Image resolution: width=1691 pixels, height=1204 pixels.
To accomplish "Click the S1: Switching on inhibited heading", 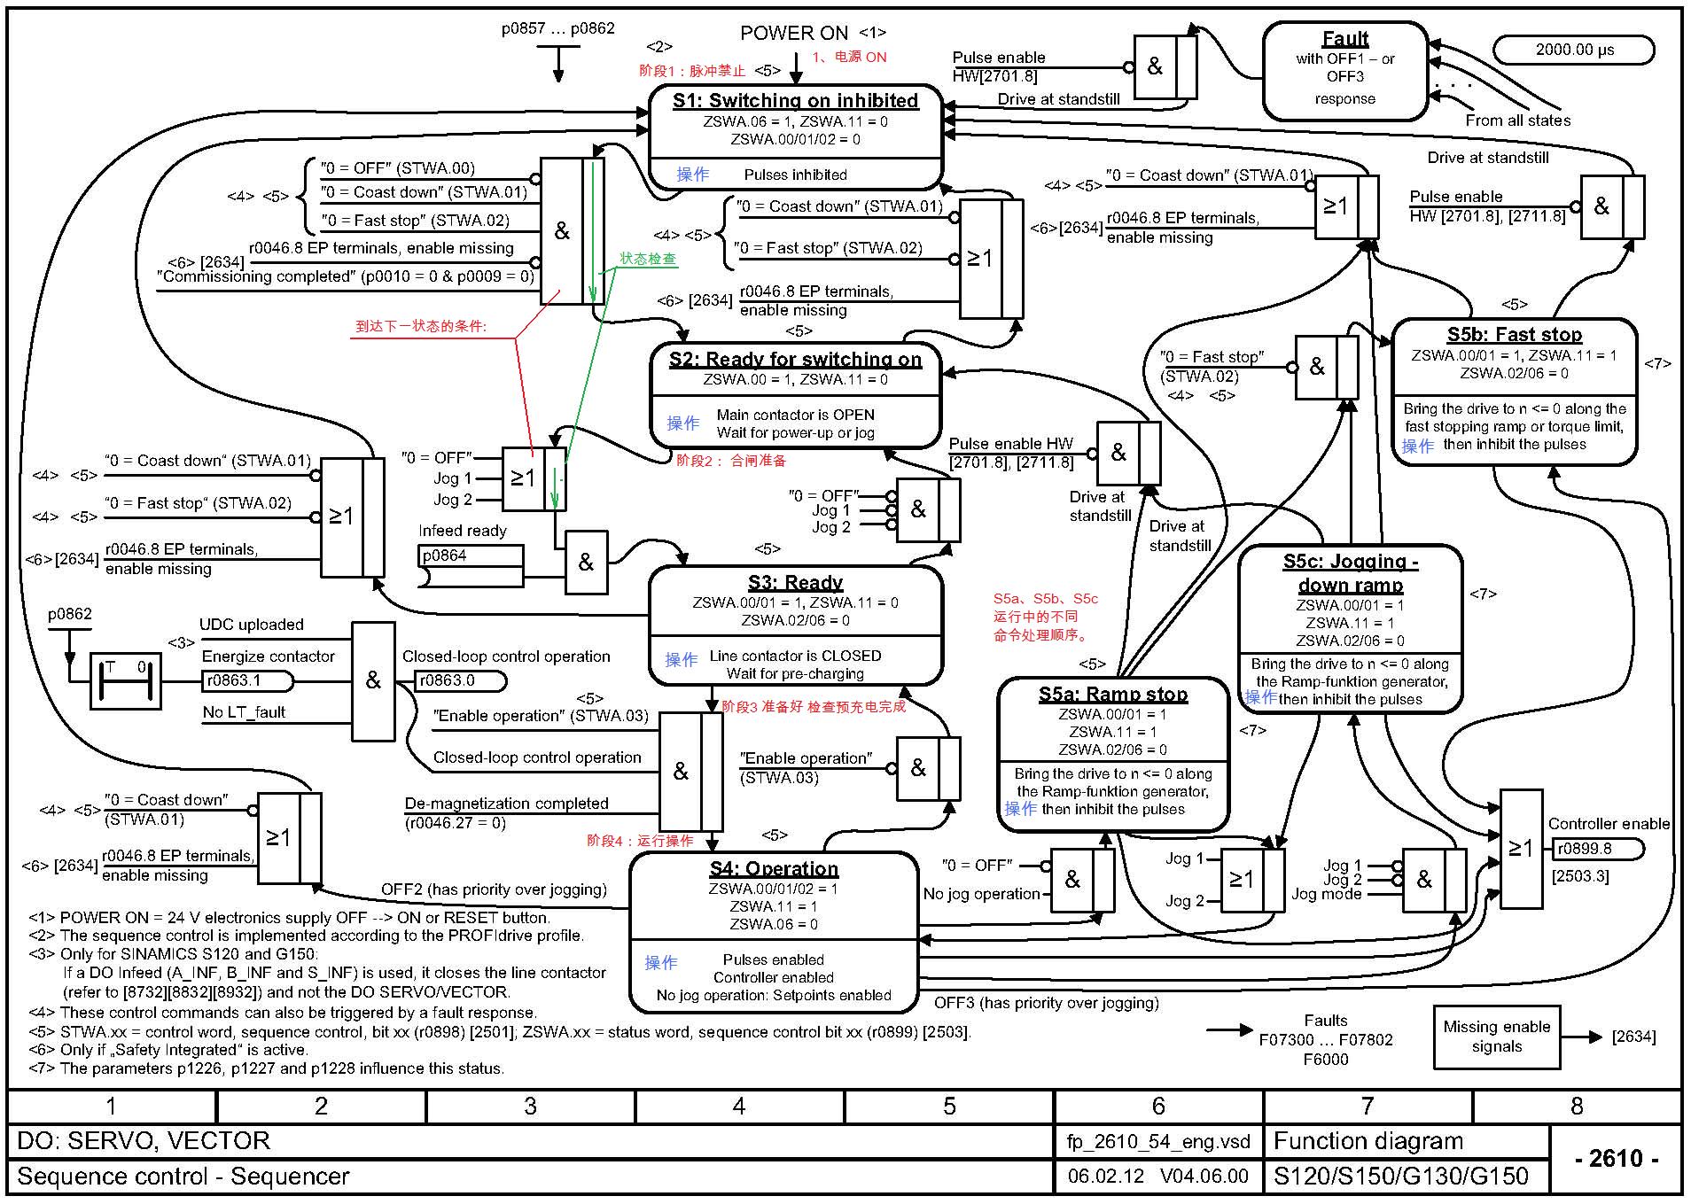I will (795, 101).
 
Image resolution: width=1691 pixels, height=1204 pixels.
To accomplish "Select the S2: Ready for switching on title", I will (795, 359).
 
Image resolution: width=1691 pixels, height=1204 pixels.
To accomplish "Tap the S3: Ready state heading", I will (795, 582).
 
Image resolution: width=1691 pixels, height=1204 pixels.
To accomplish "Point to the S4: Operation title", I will (773, 868).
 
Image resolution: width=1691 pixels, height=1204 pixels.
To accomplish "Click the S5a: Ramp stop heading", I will (1113, 694).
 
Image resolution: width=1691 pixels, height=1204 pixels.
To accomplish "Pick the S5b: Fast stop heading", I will (1514, 335).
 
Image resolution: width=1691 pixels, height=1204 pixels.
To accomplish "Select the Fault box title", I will (1345, 39).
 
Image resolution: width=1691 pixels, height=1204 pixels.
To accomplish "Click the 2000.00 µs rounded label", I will (1574, 50).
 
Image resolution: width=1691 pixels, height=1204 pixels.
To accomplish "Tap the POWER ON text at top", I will (793, 34).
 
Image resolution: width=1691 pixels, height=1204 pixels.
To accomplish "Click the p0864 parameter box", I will (470, 556).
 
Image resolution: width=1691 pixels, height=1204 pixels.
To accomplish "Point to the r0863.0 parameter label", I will (460, 680).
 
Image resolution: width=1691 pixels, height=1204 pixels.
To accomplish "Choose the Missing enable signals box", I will (1496, 1037).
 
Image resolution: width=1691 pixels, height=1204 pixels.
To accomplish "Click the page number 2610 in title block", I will (1617, 1158).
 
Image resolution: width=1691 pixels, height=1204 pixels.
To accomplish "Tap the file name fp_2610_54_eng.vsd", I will (1157, 1141).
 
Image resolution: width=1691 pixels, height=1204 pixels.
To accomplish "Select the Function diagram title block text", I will (1368, 1141).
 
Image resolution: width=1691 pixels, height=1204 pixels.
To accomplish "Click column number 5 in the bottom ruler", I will (949, 1106).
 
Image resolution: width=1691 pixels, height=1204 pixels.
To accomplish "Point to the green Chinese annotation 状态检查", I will (648, 259).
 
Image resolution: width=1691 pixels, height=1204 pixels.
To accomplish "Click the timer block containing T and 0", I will (125, 680).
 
